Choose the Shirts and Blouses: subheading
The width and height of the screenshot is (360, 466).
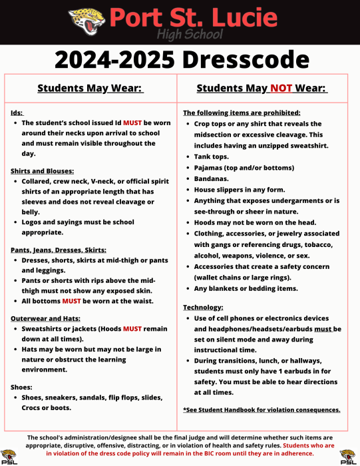tap(41, 170)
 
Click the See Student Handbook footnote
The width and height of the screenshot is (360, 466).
tap(262, 409)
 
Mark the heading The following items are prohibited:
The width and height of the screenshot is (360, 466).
tap(242, 113)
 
